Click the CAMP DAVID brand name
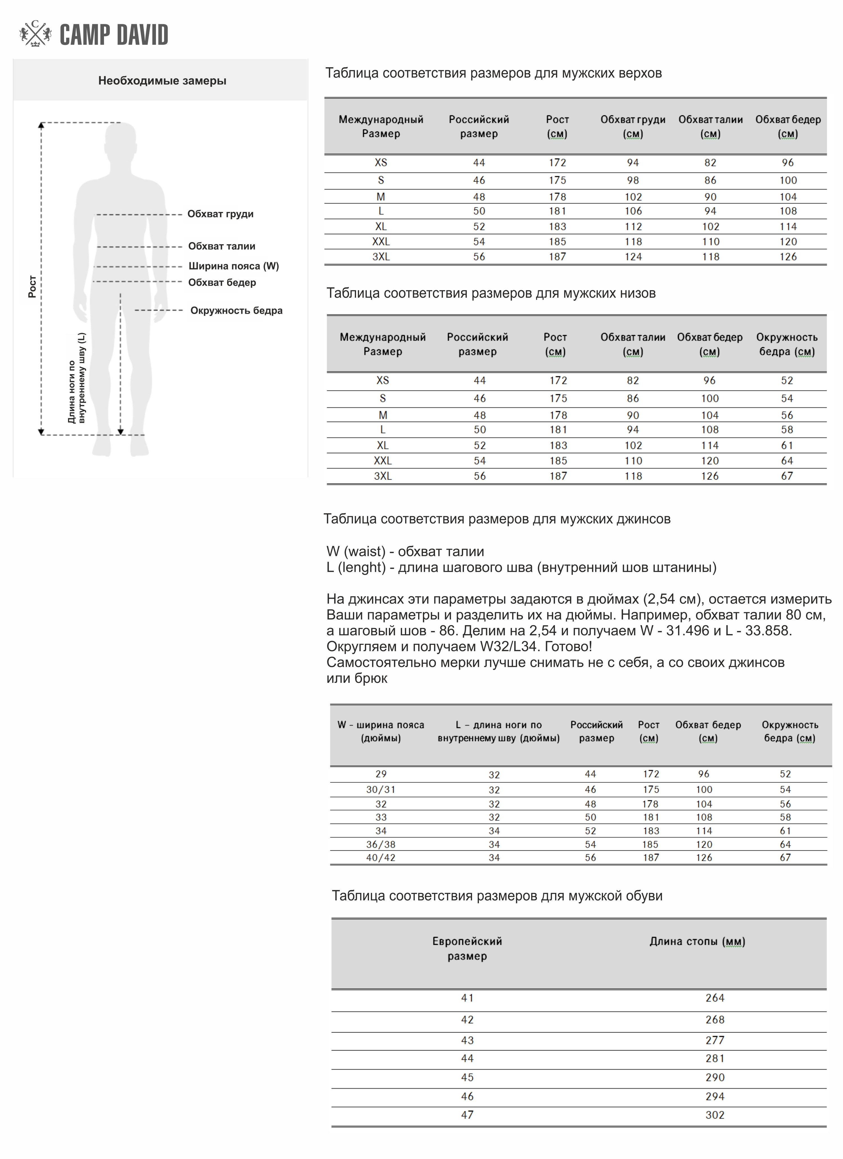click(114, 35)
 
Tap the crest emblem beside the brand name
click(35, 34)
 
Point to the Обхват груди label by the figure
click(220, 214)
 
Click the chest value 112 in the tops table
click(633, 226)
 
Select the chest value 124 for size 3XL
click(633, 257)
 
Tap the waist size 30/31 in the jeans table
click(381, 790)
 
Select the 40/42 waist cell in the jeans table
click(381, 858)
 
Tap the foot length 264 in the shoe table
click(715, 998)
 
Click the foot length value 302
click(715, 1115)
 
